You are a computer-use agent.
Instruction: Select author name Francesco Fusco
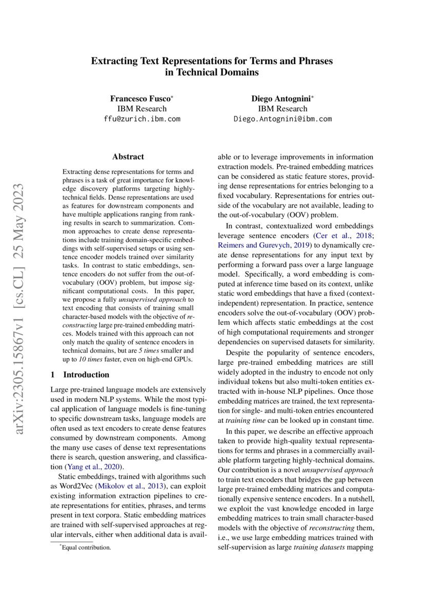click(140, 98)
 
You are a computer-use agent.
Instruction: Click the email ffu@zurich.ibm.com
click(142, 119)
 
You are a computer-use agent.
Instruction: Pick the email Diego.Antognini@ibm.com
click(282, 119)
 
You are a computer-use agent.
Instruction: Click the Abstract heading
click(128, 157)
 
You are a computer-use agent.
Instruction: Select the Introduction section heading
click(86, 374)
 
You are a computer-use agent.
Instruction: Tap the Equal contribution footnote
click(86, 548)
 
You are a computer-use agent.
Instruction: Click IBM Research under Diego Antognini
click(282, 108)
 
